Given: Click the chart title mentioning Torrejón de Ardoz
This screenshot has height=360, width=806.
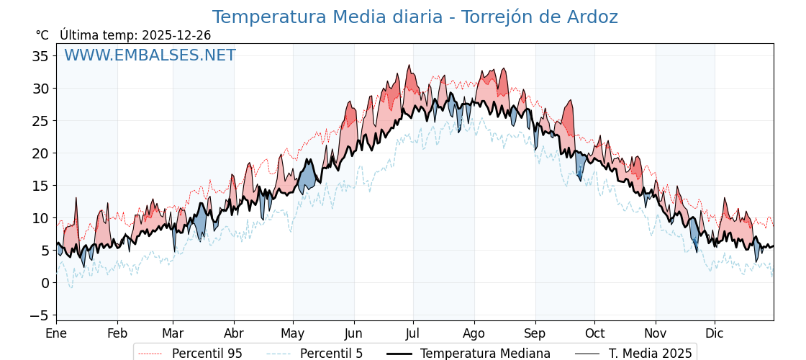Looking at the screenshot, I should [415, 17].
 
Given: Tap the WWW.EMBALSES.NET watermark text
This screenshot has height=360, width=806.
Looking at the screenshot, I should [150, 55].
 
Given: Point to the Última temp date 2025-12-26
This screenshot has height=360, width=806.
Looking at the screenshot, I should [176, 35].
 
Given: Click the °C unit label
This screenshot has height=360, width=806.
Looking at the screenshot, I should [42, 35].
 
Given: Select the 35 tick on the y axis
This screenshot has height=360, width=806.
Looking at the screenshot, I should [40, 56].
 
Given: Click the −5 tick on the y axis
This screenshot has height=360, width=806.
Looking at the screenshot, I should [38, 315].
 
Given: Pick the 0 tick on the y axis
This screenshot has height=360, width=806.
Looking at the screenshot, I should [45, 283].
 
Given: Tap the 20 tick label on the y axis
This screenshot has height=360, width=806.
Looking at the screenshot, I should [40, 153].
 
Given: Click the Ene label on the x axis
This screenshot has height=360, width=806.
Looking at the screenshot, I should [56, 333].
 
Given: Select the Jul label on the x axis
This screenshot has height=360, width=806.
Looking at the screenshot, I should [413, 333].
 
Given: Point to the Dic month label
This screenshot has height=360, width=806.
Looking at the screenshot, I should [715, 333].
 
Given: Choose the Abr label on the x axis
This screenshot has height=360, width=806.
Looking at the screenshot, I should [234, 333].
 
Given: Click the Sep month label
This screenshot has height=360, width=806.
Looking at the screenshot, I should [535, 333].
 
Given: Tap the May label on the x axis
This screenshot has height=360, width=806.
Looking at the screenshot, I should [293, 333].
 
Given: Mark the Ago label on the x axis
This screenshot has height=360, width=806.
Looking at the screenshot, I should [474, 333].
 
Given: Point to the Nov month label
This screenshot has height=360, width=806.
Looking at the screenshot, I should [655, 333].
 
